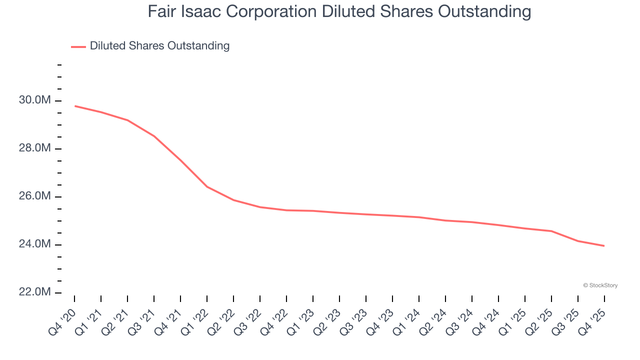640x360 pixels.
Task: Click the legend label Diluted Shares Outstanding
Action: [x=159, y=46]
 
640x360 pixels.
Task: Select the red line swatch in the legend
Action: [x=78, y=46]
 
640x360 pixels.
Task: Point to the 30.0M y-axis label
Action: [x=35, y=100]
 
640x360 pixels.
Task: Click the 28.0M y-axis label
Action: [x=35, y=148]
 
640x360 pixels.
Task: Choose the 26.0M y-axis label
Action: [x=35, y=196]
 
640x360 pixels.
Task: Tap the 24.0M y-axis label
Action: [x=35, y=244]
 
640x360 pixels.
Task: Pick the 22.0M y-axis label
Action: [x=35, y=292]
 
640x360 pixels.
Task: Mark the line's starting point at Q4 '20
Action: [x=75, y=106]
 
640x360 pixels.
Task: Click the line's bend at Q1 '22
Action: [x=207, y=187]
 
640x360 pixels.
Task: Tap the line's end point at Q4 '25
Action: [x=604, y=246]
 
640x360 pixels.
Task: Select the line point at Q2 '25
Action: [x=551, y=231]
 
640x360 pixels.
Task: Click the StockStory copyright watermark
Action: [x=600, y=285]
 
